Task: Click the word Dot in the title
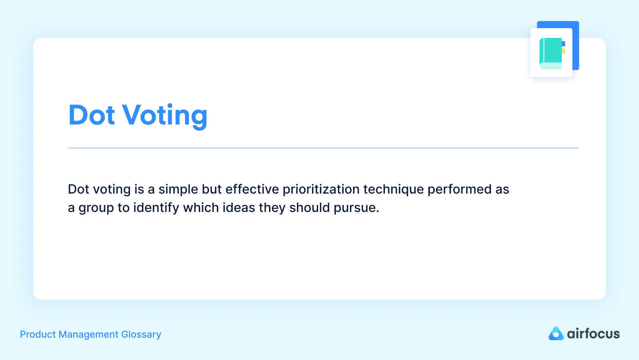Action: (92, 115)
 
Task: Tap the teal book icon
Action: (551, 53)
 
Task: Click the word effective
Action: (252, 189)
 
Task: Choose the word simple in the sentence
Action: (178, 190)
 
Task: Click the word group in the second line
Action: (96, 208)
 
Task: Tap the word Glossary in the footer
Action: (141, 334)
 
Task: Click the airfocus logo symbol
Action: (556, 334)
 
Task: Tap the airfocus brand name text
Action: (593, 334)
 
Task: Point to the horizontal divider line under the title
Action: (323, 148)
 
